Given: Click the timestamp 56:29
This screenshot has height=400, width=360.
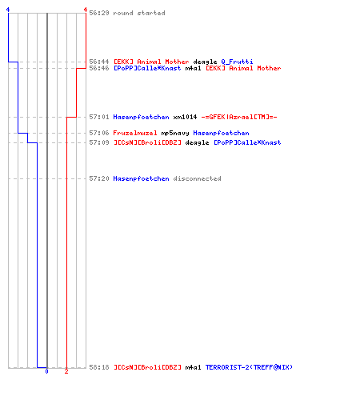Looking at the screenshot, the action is coord(99,13).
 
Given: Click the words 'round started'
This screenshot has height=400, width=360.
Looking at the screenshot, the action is coord(139,13).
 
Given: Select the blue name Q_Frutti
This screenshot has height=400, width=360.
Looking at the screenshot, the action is coord(237,62).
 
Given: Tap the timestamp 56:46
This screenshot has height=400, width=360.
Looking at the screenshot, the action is coord(99,68).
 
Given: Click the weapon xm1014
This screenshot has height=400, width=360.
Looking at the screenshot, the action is coord(185,117).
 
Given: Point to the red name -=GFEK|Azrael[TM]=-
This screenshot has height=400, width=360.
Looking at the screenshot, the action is coord(239,117).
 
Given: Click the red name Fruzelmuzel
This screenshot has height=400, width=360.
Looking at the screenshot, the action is coord(135,133).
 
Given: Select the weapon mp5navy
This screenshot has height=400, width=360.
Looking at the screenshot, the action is coord(175,133).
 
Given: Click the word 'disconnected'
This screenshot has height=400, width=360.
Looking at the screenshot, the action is coord(197,178).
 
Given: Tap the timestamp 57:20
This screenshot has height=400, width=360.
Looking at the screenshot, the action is coord(99,178).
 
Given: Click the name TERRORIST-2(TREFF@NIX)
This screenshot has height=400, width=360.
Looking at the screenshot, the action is coord(249,367).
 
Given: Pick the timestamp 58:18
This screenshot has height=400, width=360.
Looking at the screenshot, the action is coord(99,367).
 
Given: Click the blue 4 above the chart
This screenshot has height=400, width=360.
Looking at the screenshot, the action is coord(8,10).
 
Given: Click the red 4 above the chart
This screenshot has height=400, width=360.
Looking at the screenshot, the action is coord(86,10).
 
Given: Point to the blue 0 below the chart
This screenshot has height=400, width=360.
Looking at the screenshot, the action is coord(46,371).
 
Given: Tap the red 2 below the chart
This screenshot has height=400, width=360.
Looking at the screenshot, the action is coord(66,371).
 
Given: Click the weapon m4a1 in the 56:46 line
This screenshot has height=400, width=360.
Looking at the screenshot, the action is coord(193,68).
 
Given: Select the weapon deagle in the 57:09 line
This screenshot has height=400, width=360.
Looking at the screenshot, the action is coord(197,143).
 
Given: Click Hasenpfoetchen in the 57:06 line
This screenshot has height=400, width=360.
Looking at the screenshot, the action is coord(221,133).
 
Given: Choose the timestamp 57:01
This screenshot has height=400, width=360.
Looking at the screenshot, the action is coord(99,117).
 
